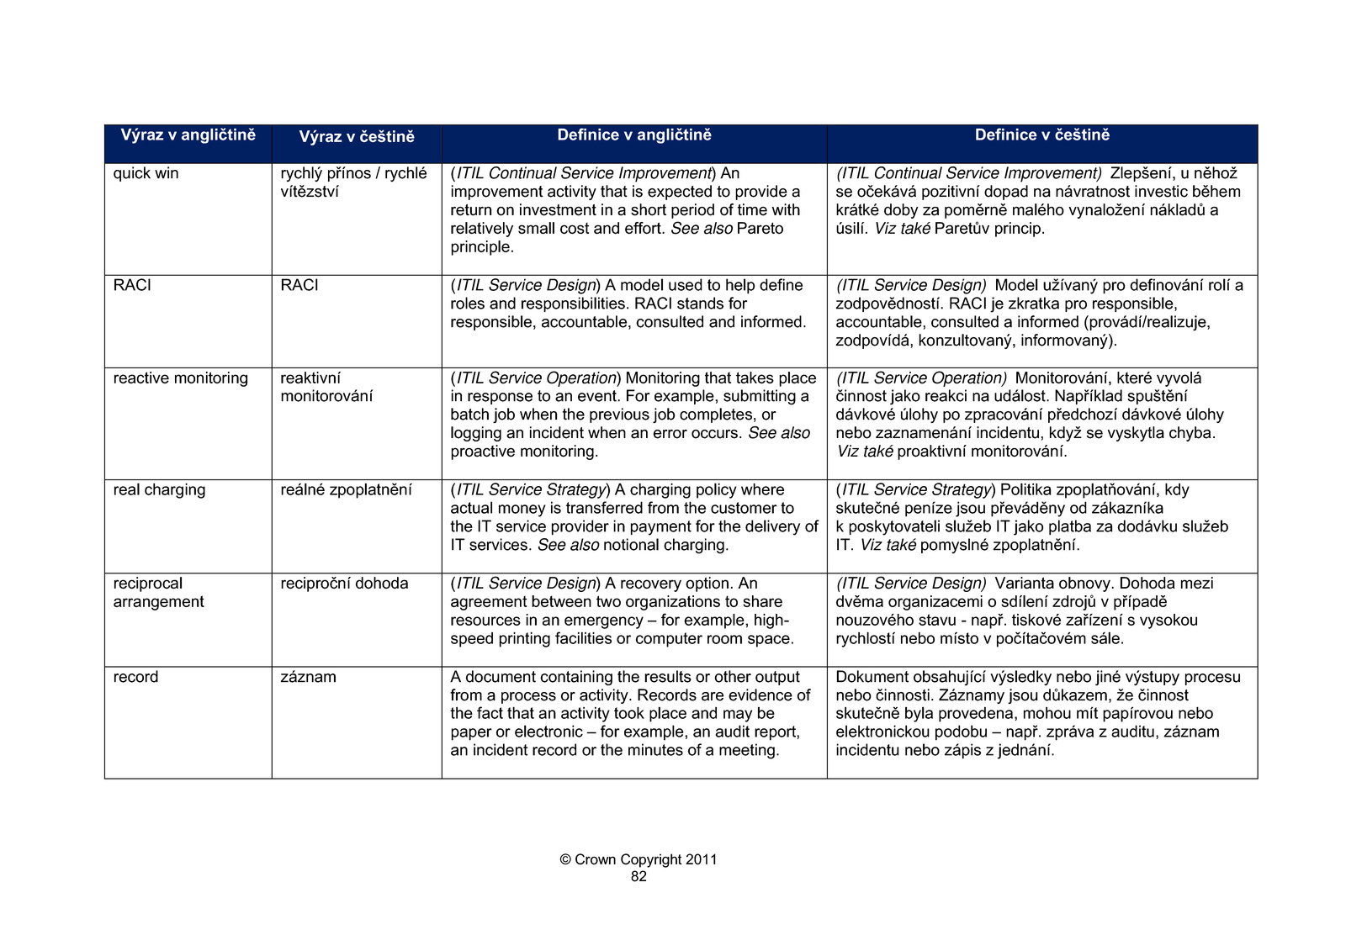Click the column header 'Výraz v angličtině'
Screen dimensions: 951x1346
188,135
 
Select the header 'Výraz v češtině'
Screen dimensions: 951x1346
357,137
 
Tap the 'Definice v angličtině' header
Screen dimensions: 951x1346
634,135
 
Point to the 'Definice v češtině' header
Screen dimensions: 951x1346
1042,135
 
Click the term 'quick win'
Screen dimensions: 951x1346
146,174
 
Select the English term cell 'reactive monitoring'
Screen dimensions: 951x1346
181,378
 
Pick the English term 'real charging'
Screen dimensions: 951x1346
159,490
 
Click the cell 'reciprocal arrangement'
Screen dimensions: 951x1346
159,593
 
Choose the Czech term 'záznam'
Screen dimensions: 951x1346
308,678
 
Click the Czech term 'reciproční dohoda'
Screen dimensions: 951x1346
344,584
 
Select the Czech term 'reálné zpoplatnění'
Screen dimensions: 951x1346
346,490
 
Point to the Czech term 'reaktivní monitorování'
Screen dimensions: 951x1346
326,388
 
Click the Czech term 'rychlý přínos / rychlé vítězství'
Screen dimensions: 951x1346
353,182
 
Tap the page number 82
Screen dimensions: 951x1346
639,877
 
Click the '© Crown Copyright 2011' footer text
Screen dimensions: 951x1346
639,859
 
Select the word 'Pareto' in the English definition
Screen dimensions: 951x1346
760,229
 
